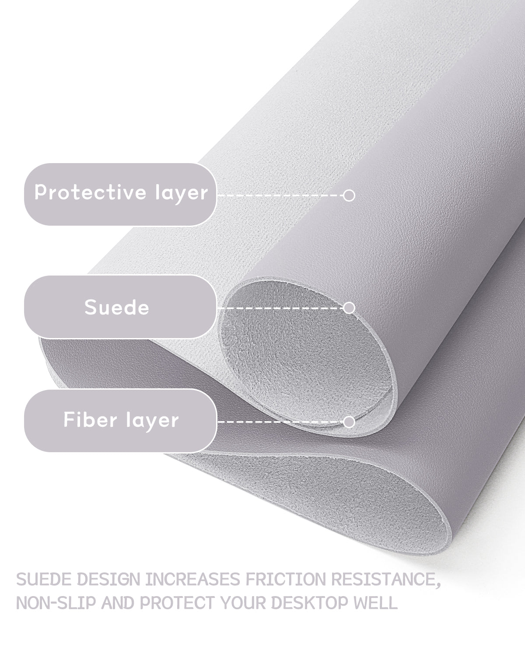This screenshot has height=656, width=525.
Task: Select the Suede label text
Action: click(117, 307)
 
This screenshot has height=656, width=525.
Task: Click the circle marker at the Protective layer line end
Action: click(349, 195)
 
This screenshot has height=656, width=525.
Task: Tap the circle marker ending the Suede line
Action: click(349, 308)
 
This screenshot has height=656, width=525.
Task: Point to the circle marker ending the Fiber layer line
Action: click(349, 422)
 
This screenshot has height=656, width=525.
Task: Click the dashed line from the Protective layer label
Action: click(280, 195)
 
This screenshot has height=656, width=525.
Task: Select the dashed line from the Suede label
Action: click(280, 308)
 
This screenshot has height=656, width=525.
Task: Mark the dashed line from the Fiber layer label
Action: click(280, 422)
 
